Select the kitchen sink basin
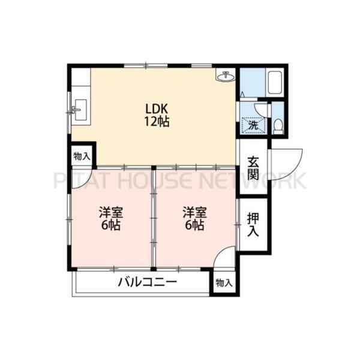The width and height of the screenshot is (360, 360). coord(79,110)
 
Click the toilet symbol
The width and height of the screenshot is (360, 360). coord(278,125)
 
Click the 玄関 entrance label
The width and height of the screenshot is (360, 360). coord(253,168)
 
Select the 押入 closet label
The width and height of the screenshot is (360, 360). coord(253,224)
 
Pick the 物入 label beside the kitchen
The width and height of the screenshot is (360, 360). coord(82,157)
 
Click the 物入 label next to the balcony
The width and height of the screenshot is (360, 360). coord(224,283)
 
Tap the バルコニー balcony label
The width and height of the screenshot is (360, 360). coord(147,282)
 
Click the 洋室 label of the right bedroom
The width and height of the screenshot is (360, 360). coord(194,212)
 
